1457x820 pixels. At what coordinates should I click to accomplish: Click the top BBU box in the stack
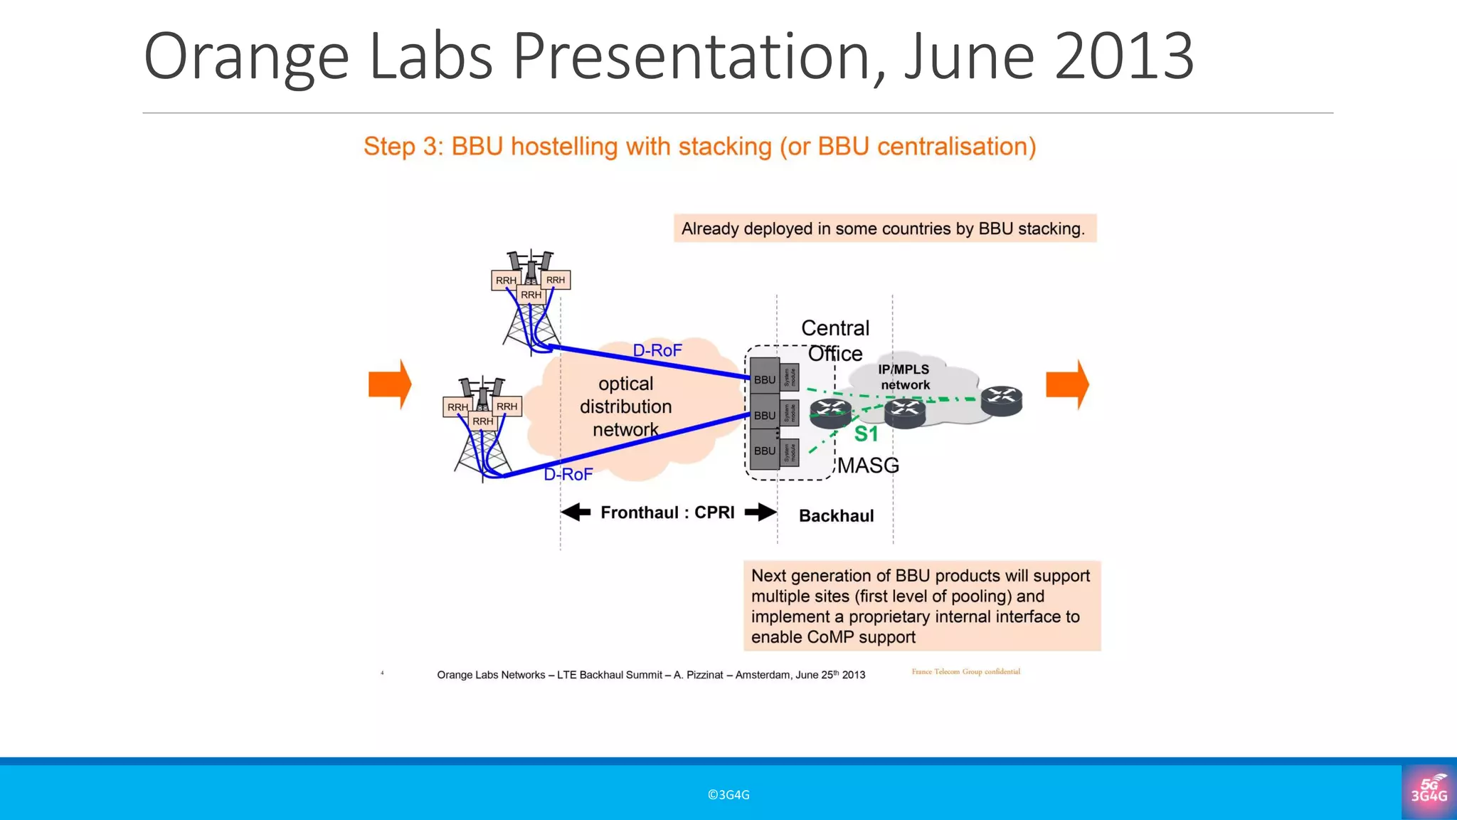point(765,379)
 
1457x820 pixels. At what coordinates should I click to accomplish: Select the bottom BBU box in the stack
point(765,451)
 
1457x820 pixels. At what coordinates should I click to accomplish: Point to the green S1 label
point(866,434)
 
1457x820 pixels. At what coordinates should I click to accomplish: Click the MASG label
point(868,466)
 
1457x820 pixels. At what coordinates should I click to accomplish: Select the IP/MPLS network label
point(904,377)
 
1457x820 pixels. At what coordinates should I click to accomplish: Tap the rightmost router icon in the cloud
point(1001,400)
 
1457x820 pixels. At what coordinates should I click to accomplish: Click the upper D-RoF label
point(657,350)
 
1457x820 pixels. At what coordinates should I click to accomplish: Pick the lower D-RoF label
point(568,475)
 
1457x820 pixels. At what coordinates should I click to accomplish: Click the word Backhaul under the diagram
point(836,516)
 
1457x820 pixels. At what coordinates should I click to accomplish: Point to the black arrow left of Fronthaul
point(576,512)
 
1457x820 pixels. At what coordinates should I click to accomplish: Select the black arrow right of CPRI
point(761,512)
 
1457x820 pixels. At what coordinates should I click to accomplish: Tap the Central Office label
point(835,340)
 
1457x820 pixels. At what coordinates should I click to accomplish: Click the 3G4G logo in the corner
point(1429,792)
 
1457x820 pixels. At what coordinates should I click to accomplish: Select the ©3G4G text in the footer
point(728,795)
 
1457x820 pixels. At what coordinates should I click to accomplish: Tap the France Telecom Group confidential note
point(965,671)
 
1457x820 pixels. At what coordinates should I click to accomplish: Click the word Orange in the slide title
point(246,57)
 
